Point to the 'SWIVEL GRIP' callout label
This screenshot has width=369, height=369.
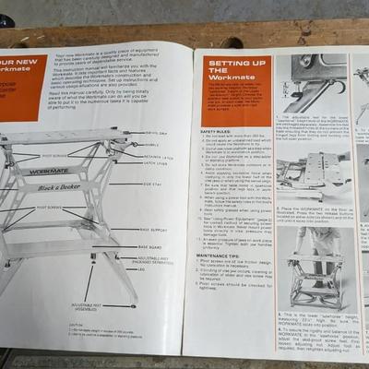coord(157,135)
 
